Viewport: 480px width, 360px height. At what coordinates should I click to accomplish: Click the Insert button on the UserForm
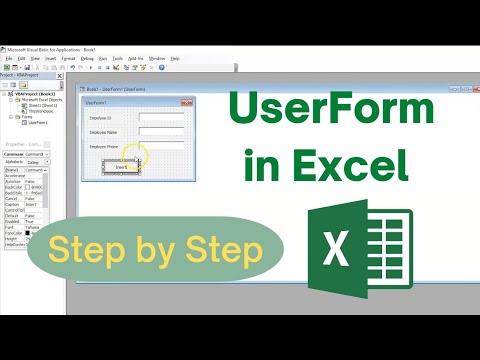(x=122, y=166)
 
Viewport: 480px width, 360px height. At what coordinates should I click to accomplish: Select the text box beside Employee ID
(x=161, y=116)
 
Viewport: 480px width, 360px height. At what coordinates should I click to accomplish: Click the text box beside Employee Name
(x=161, y=131)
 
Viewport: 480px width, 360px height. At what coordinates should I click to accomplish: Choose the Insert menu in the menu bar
(x=48, y=59)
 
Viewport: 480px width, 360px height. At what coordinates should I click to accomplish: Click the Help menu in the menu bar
(x=177, y=59)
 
